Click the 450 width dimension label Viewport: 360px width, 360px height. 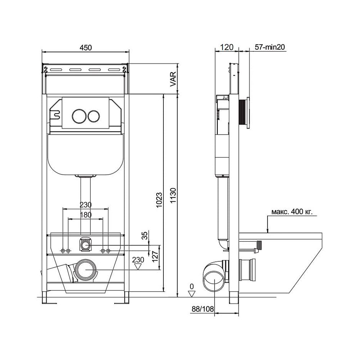pos(86,48)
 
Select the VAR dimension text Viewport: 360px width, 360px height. pos(173,79)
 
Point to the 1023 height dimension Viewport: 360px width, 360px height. pos(159,200)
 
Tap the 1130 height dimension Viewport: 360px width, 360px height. pos(173,195)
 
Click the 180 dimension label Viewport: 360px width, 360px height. pos(86,215)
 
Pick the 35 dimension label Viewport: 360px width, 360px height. pos(145,235)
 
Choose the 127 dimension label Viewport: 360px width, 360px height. pos(155,256)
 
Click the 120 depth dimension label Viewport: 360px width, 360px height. pos(227,47)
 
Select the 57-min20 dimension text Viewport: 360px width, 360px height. pos(270,47)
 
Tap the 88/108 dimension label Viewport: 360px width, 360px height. pos(203,309)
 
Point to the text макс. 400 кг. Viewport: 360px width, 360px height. pos(292,211)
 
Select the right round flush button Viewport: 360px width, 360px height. pos(94,116)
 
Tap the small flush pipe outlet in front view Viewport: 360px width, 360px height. pos(85,246)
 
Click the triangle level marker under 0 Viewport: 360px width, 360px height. pos(192,294)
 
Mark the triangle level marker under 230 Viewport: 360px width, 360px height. pos(138,266)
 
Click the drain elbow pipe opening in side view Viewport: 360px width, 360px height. pos(214,281)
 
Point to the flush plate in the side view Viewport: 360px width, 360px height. pos(248,113)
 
